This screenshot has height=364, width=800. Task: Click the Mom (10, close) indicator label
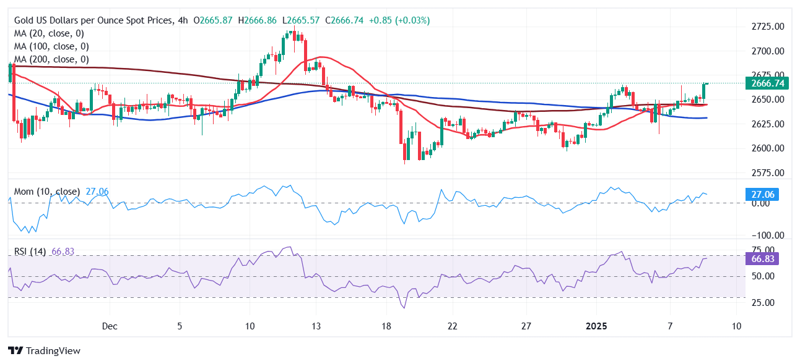tap(47, 192)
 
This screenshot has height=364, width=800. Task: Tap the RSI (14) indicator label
tap(30, 252)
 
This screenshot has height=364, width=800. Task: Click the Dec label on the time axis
tap(110, 326)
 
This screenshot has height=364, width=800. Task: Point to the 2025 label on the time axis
tap(598, 326)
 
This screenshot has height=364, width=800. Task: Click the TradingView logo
tap(44, 350)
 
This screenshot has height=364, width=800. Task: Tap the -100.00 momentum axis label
tap(767, 235)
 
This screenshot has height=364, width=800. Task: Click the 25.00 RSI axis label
tap(763, 302)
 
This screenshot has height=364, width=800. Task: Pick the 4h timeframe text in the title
tap(183, 20)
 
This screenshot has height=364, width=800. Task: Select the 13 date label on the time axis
tap(317, 326)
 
